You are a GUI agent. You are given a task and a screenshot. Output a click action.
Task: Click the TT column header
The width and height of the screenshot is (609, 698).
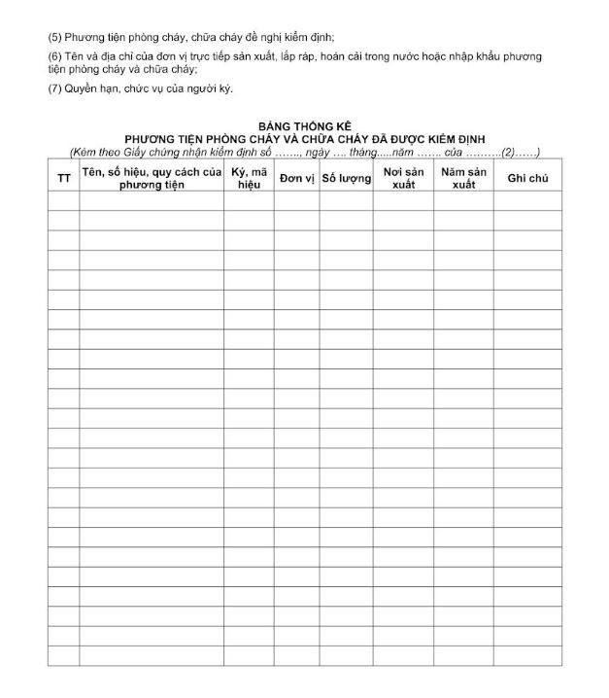click(x=64, y=179)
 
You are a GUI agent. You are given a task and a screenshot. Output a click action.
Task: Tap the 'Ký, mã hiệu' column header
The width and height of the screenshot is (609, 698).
click(x=250, y=178)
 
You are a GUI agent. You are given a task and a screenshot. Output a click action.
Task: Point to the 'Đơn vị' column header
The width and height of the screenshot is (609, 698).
click(x=296, y=179)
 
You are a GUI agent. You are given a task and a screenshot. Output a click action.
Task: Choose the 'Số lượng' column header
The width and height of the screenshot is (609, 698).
click(x=346, y=179)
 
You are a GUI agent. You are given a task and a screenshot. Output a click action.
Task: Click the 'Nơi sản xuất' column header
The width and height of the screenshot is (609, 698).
click(x=403, y=178)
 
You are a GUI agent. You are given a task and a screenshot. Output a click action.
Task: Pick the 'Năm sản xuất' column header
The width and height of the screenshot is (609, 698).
click(x=463, y=178)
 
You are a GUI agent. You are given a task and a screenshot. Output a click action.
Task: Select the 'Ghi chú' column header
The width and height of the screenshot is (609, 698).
click(x=527, y=179)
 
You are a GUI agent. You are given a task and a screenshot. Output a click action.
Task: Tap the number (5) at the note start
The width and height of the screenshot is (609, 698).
click(x=54, y=37)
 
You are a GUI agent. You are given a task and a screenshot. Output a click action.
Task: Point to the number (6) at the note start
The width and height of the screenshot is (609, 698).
click(x=54, y=56)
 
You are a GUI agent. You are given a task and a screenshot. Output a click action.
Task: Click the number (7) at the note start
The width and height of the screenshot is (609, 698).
click(x=54, y=88)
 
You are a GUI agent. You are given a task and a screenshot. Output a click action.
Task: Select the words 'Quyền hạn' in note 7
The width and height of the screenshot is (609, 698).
click(x=87, y=88)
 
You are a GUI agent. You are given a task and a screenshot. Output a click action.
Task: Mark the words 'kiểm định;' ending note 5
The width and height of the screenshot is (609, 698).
click(x=308, y=37)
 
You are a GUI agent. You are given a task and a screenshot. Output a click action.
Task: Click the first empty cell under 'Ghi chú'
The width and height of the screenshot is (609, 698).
click(x=527, y=200)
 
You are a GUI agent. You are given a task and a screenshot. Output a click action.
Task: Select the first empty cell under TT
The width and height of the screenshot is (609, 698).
click(x=64, y=200)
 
